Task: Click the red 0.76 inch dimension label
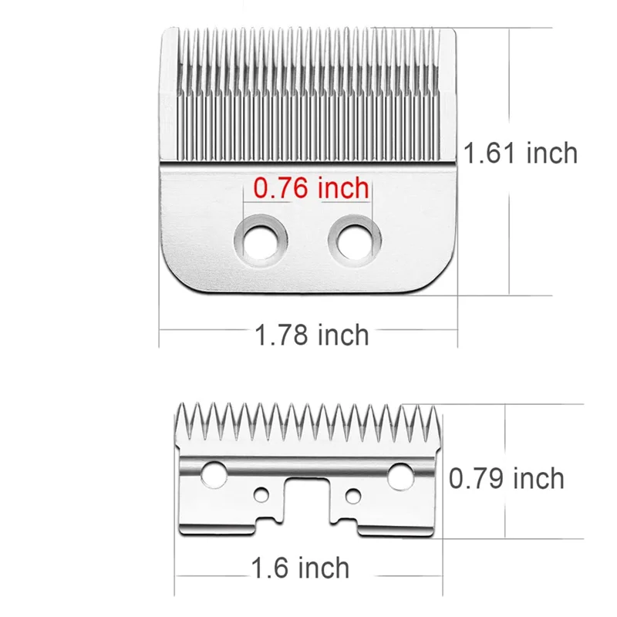coord(312,187)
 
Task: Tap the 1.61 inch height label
coord(521,153)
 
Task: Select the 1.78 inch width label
coord(312,335)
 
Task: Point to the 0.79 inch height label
coord(507,478)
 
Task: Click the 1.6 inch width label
coord(300,569)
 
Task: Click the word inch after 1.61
coord(551,153)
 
